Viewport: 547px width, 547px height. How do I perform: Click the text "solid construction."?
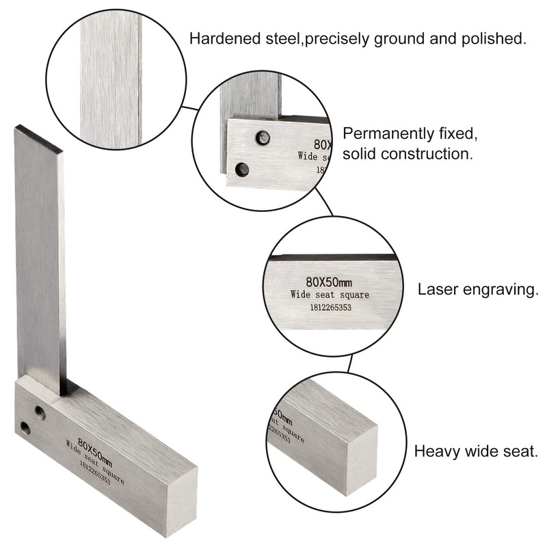pos(408,154)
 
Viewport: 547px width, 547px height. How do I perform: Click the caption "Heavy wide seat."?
pos(476,451)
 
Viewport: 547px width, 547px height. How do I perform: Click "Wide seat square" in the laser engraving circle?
pos(330,295)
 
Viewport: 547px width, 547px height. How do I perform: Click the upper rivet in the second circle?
pos(261,139)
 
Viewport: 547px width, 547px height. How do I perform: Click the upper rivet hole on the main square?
pos(40,412)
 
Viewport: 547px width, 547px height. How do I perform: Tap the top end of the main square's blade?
pos(38,137)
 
